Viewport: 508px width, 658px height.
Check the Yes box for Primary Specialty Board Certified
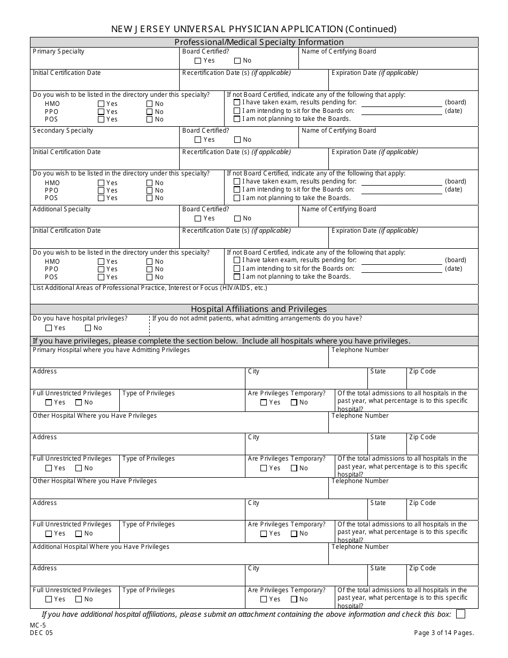point(198,61)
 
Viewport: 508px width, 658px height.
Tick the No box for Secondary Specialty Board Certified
point(237,140)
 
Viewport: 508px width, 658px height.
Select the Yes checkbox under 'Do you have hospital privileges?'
point(49,328)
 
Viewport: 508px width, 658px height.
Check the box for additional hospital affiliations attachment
point(460,614)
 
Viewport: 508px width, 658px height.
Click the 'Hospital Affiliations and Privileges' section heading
point(258,309)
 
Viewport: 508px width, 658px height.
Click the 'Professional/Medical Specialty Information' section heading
point(259,42)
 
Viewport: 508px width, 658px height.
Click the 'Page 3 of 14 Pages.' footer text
point(444,633)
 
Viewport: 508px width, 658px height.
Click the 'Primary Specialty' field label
point(58,51)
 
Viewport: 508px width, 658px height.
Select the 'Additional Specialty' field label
point(61,209)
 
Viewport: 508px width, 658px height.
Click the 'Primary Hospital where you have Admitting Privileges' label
point(111,350)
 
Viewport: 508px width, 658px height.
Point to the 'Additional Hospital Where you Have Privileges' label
point(101,547)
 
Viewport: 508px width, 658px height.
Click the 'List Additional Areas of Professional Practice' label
point(150,288)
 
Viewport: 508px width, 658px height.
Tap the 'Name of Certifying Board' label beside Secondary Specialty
point(338,131)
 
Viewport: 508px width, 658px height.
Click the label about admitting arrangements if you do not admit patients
point(257,318)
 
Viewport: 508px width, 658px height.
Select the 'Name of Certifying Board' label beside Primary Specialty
point(338,51)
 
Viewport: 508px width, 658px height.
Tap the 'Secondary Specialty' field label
point(63,131)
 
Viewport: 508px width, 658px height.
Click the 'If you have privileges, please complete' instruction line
point(221,341)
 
